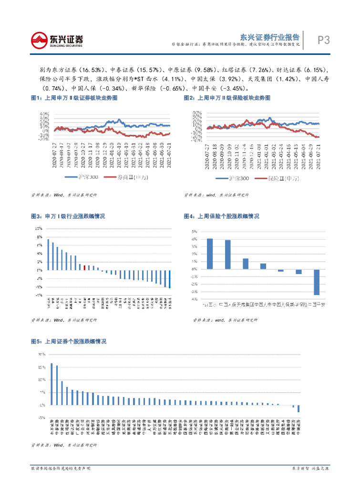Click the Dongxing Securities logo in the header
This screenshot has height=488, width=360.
[56, 40]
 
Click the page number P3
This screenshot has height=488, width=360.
[324, 40]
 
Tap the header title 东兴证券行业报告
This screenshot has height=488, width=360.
[269, 36]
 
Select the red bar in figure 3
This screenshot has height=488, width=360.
[84, 268]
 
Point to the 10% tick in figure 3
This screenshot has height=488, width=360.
[39, 228]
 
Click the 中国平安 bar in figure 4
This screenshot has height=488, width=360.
[316, 282]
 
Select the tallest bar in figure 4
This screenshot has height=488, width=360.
[210, 254]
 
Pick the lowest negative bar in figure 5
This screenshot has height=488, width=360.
[298, 408]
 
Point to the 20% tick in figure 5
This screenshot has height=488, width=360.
[42, 355]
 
